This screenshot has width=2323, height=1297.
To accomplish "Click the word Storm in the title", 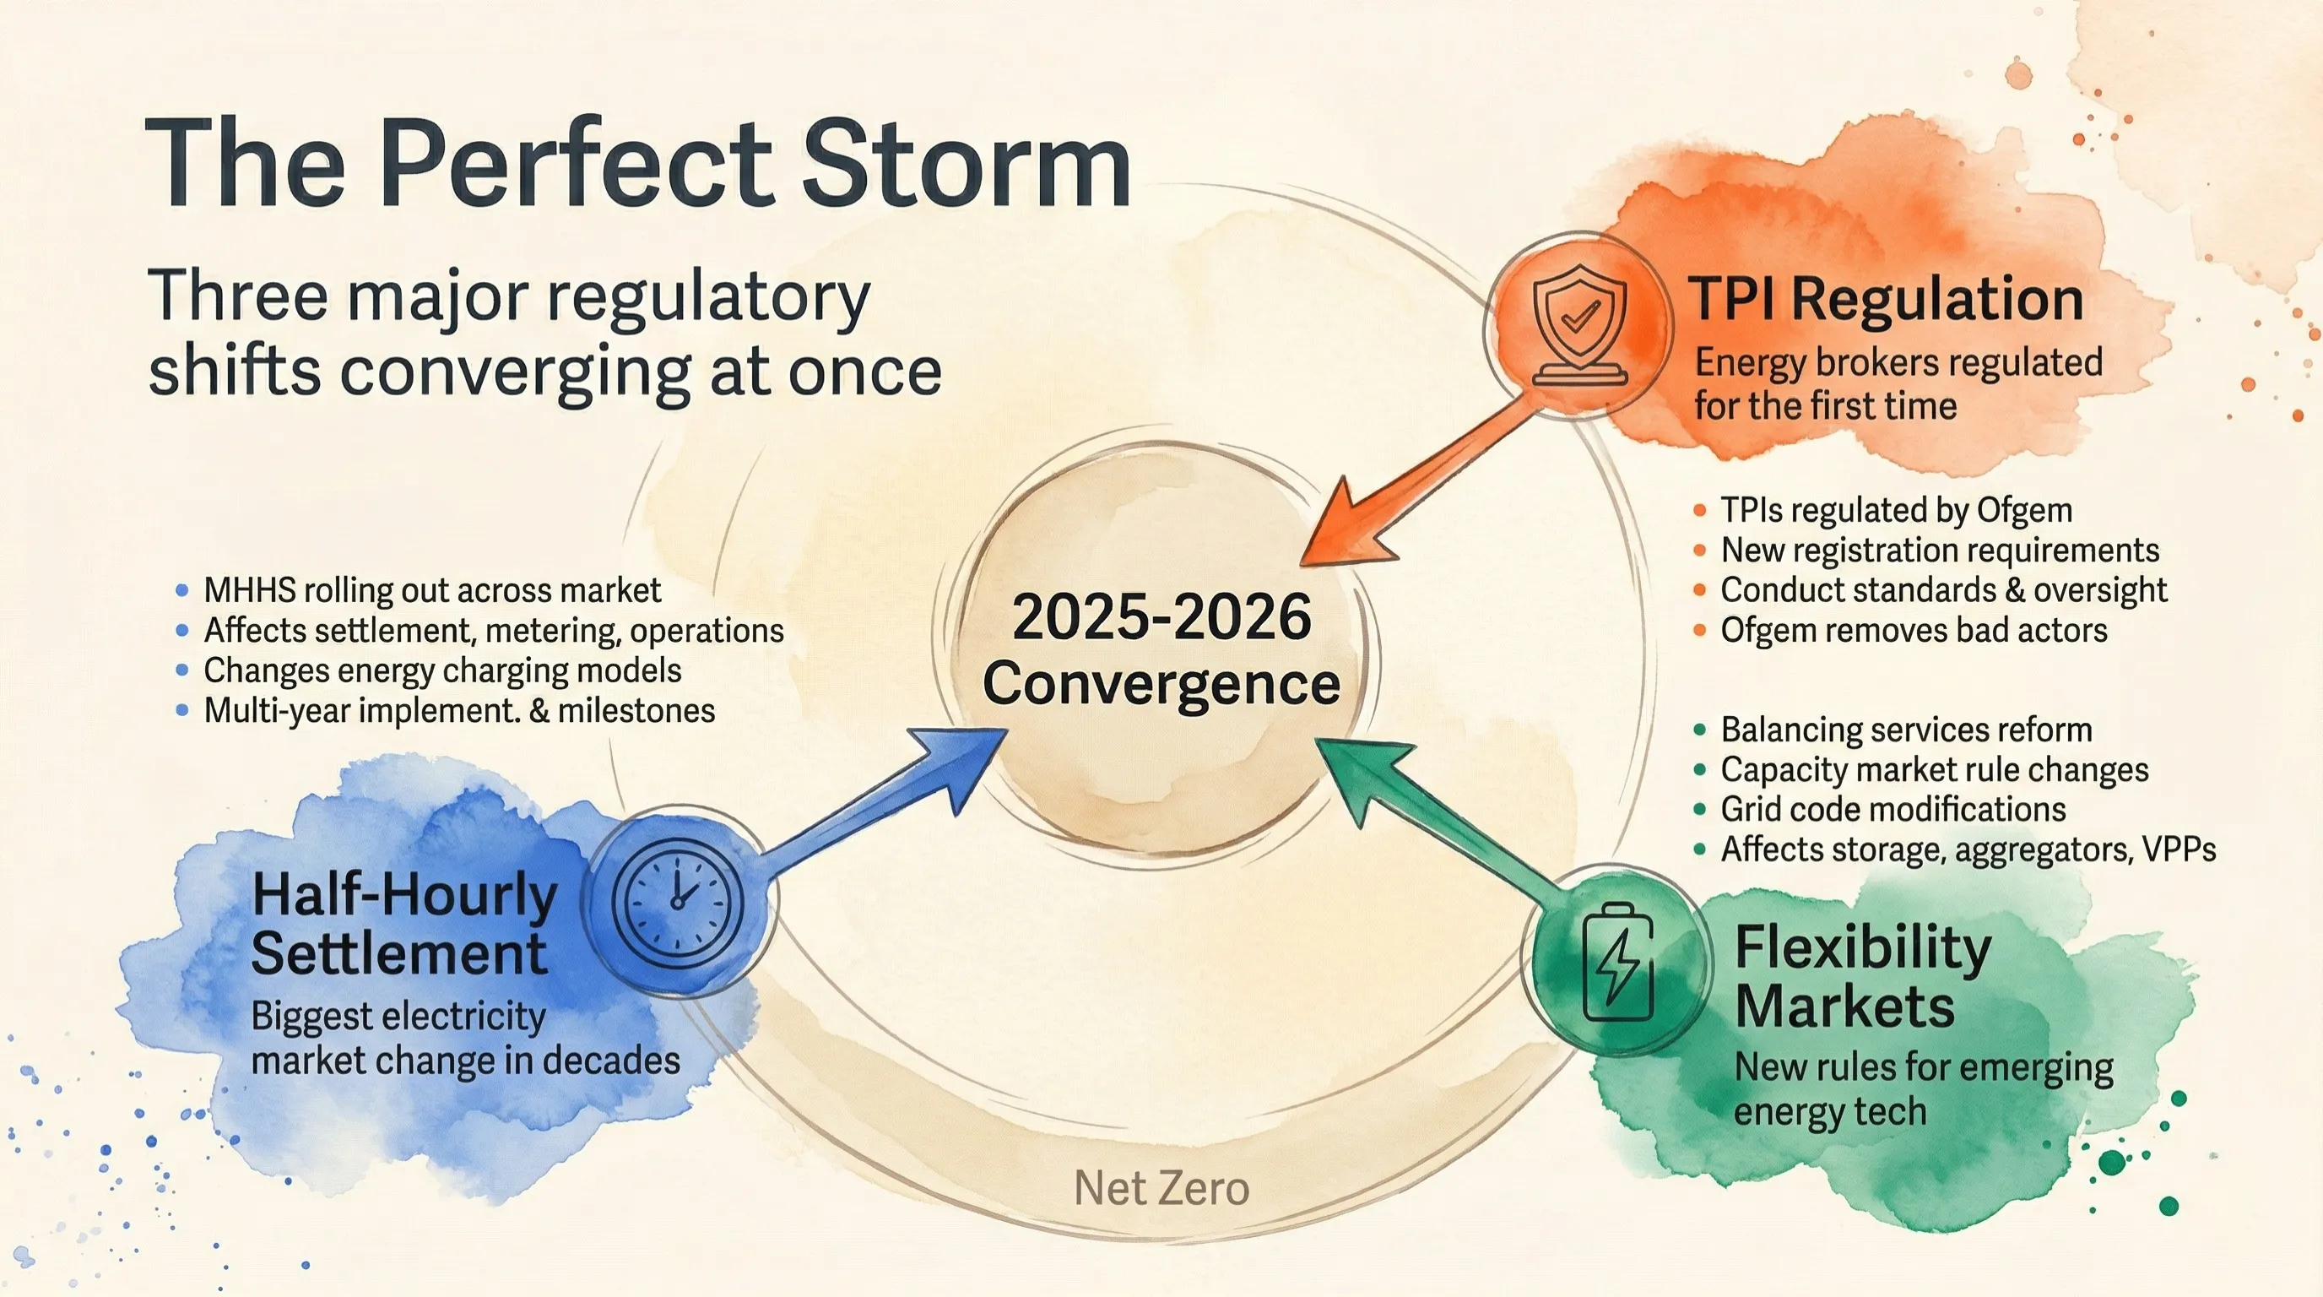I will (x=966, y=165).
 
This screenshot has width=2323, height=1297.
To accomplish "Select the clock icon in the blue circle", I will (x=678, y=899).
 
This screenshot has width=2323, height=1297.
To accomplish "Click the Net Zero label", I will (x=1161, y=1188).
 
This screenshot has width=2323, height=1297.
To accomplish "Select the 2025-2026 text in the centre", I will (x=1161, y=618).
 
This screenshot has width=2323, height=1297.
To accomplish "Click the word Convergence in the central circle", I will (x=1161, y=684).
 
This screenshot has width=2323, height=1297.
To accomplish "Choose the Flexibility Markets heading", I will (x=1862, y=976).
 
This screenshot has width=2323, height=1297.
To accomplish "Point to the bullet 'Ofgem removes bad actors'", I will (x=1913, y=630).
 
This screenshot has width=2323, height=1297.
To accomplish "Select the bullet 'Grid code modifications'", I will (x=1892, y=809).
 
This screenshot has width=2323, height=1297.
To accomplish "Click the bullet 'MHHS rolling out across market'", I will (x=432, y=590).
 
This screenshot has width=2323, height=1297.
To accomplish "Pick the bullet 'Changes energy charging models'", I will (x=441, y=670).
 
